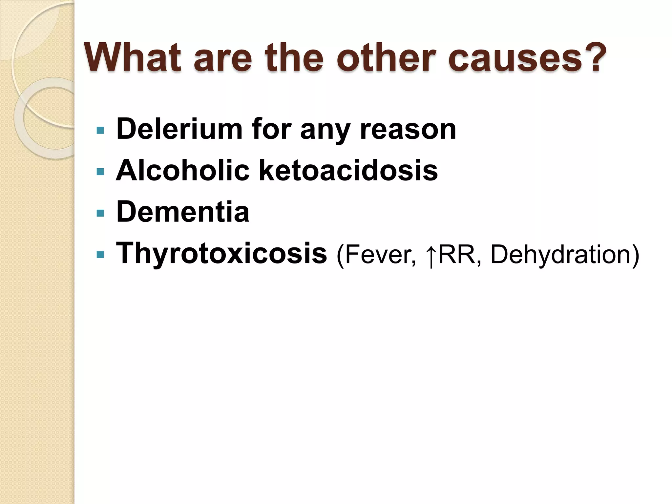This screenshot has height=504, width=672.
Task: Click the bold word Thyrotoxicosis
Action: coord(221,254)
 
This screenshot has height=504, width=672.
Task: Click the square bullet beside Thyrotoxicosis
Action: coord(100,255)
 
